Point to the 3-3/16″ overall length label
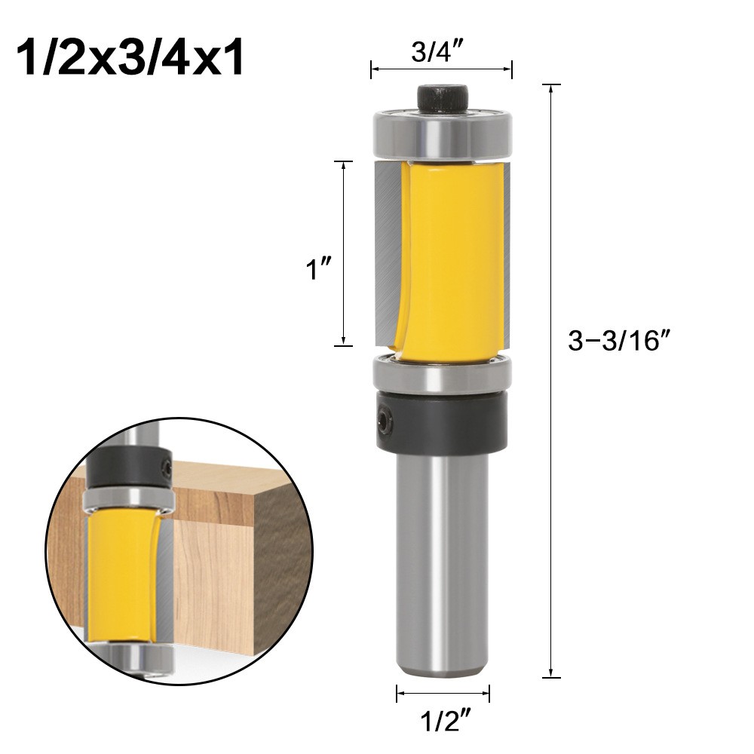click(618, 342)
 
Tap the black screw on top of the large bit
click(443, 97)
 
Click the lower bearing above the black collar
click(443, 375)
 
